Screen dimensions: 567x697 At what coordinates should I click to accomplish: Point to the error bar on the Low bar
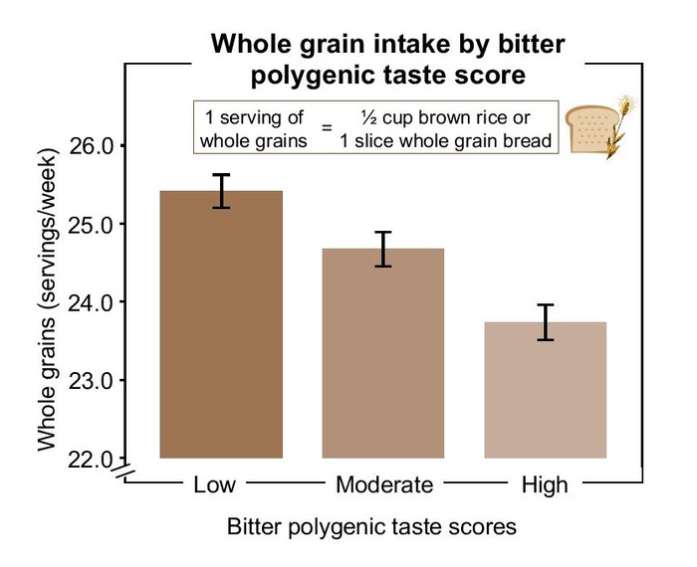[221, 191]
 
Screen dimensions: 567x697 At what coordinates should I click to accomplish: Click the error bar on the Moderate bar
[383, 249]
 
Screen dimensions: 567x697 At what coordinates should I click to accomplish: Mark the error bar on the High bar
[545, 322]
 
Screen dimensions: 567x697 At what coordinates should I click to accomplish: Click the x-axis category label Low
[215, 485]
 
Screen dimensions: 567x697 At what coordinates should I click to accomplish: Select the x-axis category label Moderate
[384, 485]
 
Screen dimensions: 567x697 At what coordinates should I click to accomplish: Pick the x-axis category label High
[545, 485]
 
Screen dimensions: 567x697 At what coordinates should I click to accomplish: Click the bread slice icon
[586, 129]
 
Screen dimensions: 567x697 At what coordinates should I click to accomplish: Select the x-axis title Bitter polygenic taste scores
[371, 526]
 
